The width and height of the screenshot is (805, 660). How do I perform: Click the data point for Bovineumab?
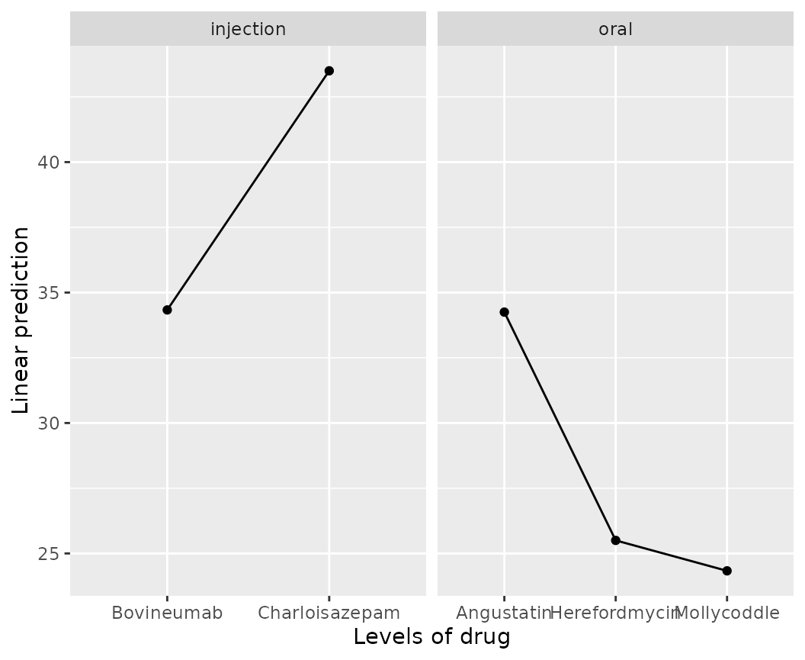[167, 310]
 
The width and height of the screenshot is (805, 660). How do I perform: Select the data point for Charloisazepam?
[329, 71]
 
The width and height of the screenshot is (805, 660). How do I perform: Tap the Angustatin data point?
[504, 312]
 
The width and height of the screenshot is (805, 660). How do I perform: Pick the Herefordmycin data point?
[615, 540]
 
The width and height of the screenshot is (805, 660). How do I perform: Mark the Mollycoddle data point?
[726, 571]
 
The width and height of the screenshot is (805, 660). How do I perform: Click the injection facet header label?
[248, 30]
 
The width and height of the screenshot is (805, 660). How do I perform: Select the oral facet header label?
[615, 30]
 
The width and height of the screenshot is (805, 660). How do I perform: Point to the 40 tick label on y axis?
[48, 163]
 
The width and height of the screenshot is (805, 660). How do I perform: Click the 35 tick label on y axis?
[48, 293]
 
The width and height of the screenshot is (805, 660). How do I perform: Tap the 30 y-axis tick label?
[48, 423]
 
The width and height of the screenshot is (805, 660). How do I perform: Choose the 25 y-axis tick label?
[48, 554]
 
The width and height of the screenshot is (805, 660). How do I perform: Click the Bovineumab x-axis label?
[167, 613]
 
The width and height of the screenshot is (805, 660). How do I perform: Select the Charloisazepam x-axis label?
[329, 613]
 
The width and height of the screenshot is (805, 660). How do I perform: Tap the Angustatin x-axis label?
[504, 613]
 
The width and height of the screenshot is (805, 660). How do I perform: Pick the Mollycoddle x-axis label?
[727, 613]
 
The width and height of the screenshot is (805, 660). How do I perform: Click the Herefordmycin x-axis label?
[614, 613]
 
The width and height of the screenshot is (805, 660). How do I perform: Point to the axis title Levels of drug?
[431, 637]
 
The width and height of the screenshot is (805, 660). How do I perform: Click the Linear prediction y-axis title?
[21, 320]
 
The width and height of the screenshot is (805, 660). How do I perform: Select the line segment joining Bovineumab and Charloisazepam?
[248, 191]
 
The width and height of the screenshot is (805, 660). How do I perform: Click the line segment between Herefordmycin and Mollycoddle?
[671, 555]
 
